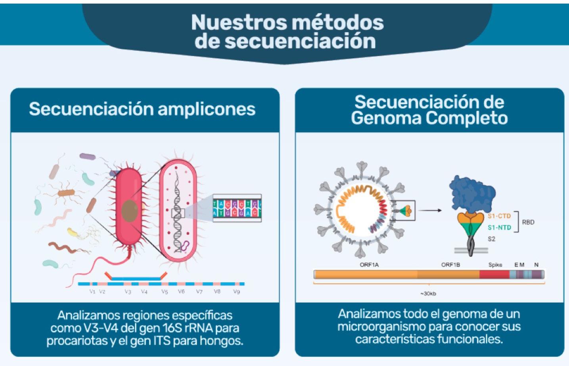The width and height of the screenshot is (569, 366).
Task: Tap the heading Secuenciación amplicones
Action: click(x=142, y=109)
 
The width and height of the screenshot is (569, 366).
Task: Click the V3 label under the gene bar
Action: click(x=128, y=292)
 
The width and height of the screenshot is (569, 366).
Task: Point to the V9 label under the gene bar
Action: click(x=236, y=292)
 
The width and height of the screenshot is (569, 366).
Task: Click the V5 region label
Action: click(x=165, y=292)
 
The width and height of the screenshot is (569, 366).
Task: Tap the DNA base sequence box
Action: click(x=237, y=208)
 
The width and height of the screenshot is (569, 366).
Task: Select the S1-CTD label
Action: click(x=499, y=216)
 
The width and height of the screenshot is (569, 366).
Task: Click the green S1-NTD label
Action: click(x=499, y=228)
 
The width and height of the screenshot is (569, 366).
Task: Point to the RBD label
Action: click(x=528, y=222)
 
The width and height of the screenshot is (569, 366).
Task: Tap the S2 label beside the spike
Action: click(x=491, y=239)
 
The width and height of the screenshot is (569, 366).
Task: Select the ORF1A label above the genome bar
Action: click(x=369, y=265)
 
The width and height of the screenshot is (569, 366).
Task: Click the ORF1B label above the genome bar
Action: click(x=450, y=265)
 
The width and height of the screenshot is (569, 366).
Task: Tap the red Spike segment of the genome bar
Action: click(x=494, y=274)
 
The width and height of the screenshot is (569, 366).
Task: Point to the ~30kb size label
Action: click(x=428, y=294)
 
